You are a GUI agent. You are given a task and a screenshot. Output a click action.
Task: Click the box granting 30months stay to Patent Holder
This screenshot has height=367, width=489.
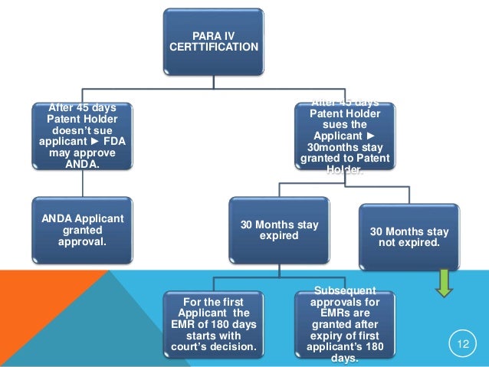pos(341,135)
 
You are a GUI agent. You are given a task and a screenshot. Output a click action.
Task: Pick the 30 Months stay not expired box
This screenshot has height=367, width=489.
pos(409,238)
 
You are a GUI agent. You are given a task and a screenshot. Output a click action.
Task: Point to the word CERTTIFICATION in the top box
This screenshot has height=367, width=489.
pos(213,48)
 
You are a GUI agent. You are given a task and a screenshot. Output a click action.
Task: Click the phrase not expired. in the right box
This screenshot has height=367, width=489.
pos(409,244)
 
